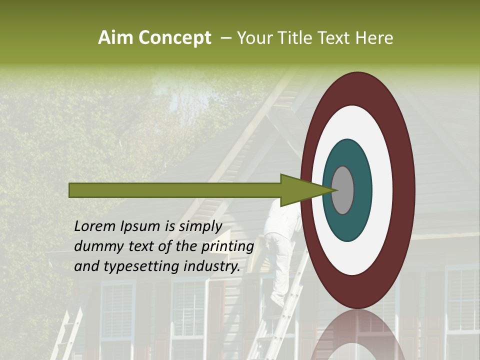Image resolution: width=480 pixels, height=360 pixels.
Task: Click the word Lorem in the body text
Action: (94, 226)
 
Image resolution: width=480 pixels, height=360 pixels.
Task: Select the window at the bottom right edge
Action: (462, 310)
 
